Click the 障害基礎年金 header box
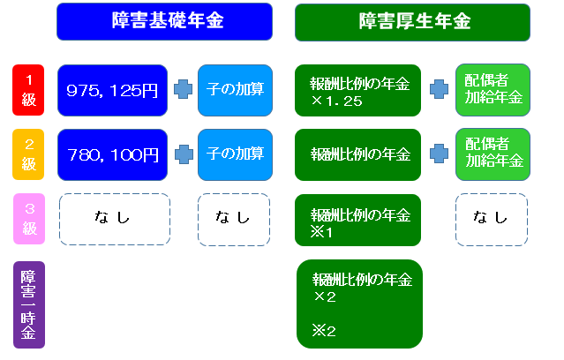pyautogui.click(x=164, y=21)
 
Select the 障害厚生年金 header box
pyautogui.click(x=412, y=22)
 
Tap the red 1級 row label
pyautogui.click(x=28, y=90)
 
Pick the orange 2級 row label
pyautogui.click(x=28, y=154)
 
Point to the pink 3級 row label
pyautogui.click(x=29, y=219)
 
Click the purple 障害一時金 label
pyautogui.click(x=29, y=304)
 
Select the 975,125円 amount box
pyautogui.click(x=112, y=90)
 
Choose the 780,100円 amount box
pyautogui.click(x=112, y=154)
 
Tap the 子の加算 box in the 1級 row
pyautogui.click(x=235, y=90)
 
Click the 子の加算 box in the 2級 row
pyautogui.click(x=235, y=154)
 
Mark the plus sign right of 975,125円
pyautogui.click(x=183, y=89)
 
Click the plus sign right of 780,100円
pyautogui.click(x=184, y=154)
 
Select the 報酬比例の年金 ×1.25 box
pyautogui.click(x=357, y=90)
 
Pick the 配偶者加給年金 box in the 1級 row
pyautogui.click(x=493, y=90)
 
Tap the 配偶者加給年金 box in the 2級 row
pyautogui.click(x=493, y=154)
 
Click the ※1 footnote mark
pyautogui.click(x=321, y=232)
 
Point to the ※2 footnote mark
pyautogui.click(x=324, y=331)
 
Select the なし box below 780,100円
pyautogui.click(x=115, y=220)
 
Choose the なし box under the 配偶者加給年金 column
pyautogui.click(x=492, y=220)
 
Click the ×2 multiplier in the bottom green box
pyautogui.click(x=325, y=296)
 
